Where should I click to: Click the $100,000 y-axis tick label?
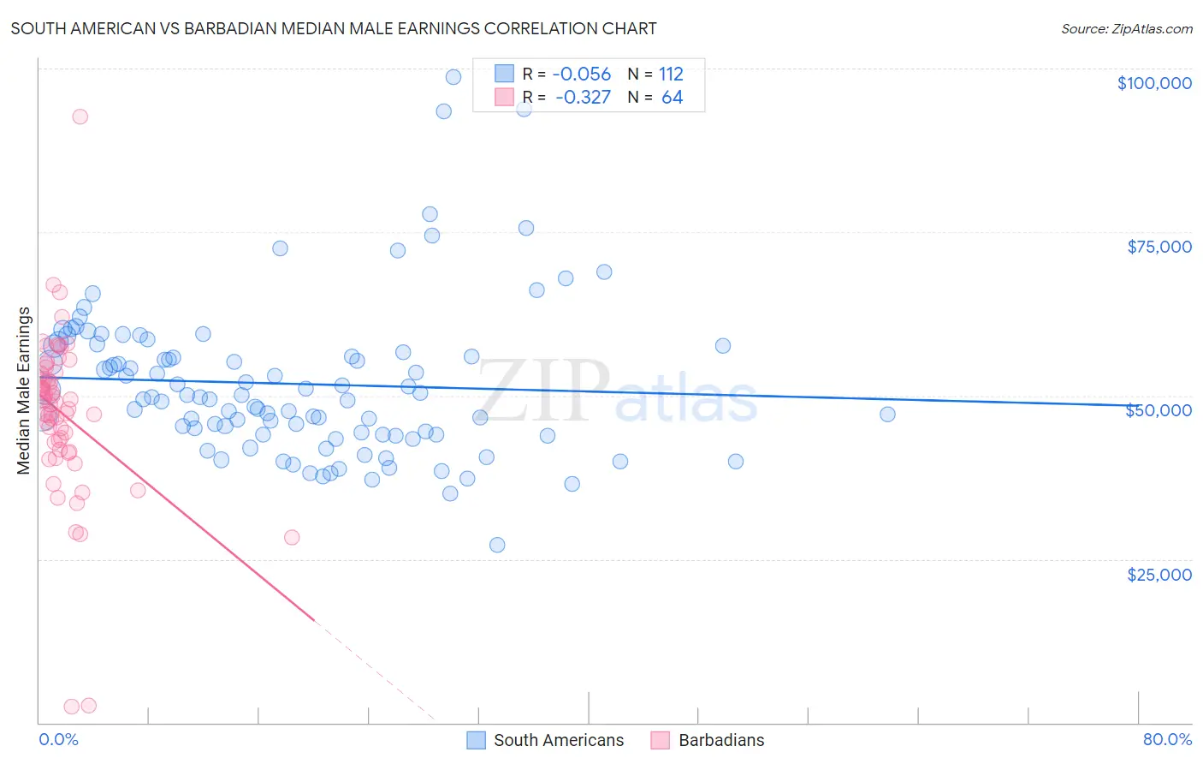[1154, 83]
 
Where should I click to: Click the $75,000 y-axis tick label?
[1159, 247]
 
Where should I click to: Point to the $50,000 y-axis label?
[1159, 410]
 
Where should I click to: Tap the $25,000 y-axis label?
[1159, 574]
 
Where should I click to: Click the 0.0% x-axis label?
[58, 740]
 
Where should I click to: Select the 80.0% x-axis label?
[1167, 740]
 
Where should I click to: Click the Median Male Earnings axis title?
[24, 391]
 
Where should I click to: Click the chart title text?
[334, 28]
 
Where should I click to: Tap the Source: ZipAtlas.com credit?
[1126, 29]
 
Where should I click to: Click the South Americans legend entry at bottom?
[559, 740]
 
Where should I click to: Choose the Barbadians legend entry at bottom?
[721, 740]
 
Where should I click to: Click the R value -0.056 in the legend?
[582, 74]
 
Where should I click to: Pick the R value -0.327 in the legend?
[583, 98]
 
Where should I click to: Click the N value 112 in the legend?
[671, 74]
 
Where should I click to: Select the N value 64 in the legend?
[673, 98]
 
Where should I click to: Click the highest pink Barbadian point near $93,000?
[80, 116]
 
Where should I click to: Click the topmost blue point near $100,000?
[453, 77]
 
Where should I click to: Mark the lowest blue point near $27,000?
[497, 545]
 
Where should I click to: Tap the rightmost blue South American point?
[887, 415]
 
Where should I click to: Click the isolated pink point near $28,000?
[292, 538]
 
